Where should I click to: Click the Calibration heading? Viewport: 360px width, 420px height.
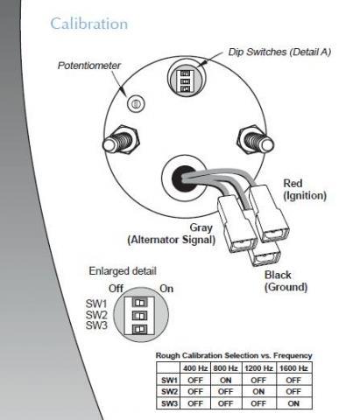click(x=89, y=24)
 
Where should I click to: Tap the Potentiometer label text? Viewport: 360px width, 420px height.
click(x=89, y=66)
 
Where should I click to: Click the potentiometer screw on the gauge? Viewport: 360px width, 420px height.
click(x=136, y=103)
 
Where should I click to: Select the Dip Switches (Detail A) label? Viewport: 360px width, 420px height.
click(x=279, y=52)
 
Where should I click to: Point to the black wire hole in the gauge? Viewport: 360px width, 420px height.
click(x=183, y=178)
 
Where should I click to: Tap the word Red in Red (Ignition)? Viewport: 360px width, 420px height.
click(x=293, y=184)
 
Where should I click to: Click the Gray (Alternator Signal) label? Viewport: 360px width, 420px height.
click(x=172, y=234)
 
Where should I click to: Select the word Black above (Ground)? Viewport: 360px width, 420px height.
click(x=278, y=275)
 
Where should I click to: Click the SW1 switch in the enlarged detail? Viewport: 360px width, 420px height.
click(x=140, y=303)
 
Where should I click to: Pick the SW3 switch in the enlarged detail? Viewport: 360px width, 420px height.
click(x=140, y=329)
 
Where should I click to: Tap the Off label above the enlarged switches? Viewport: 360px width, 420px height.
click(x=116, y=289)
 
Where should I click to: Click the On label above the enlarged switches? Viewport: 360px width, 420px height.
click(x=166, y=289)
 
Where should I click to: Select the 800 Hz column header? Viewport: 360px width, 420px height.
click(x=225, y=368)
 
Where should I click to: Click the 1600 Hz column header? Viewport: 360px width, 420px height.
click(x=293, y=368)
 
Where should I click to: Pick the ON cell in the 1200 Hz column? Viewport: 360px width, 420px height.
click(x=258, y=391)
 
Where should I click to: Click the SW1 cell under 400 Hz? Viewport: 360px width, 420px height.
click(x=195, y=381)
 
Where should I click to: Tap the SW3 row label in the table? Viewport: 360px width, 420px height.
click(x=169, y=403)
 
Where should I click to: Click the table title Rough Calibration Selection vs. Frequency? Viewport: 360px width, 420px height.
click(x=234, y=356)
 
